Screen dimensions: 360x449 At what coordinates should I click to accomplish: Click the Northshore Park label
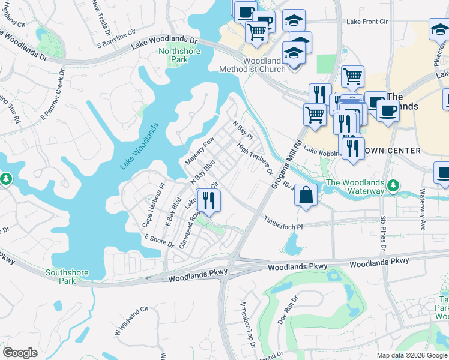point(173,55)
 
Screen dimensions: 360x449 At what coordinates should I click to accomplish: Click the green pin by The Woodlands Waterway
point(393,185)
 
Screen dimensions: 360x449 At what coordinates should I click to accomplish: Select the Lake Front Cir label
point(367,22)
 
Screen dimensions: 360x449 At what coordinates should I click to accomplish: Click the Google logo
point(20,353)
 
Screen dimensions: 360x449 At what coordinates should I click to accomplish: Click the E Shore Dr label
point(158,241)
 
